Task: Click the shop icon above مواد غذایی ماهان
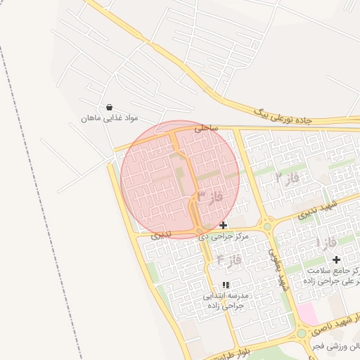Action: [109, 108]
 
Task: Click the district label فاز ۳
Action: [210, 196]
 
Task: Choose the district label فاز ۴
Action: [229, 260]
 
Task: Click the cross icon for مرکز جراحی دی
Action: [224, 225]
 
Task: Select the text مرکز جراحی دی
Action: [224, 236]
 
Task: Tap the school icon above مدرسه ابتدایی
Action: [226, 285]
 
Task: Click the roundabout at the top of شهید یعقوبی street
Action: [266, 225]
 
